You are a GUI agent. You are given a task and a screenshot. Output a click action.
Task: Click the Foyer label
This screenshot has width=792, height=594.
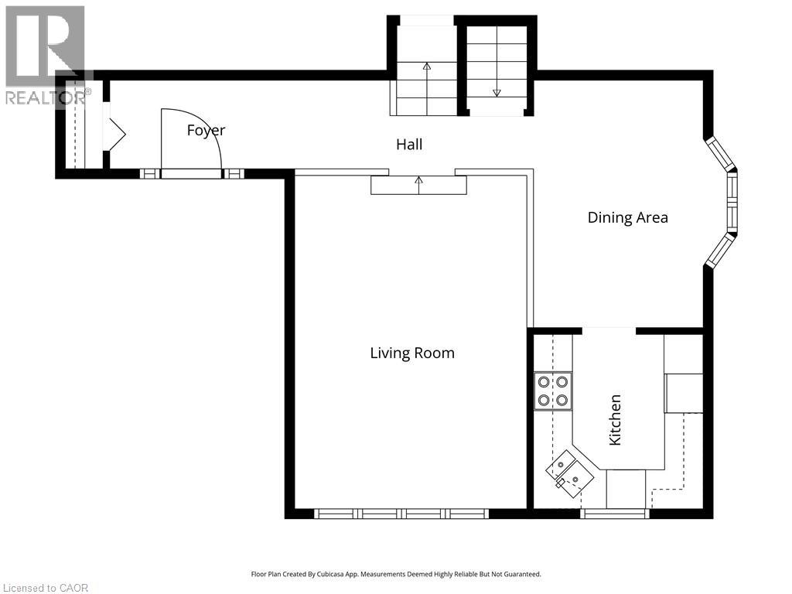(x=206, y=131)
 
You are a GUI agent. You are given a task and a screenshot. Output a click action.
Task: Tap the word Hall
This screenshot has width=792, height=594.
(x=409, y=145)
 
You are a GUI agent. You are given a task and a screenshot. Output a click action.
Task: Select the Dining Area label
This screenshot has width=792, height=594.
(x=628, y=217)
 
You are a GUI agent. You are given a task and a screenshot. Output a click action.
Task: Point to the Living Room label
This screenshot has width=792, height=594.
(x=412, y=353)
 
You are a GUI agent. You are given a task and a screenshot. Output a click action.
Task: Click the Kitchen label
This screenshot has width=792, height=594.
(x=615, y=420)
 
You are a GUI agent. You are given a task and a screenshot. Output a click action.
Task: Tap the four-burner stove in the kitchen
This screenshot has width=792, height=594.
(x=553, y=391)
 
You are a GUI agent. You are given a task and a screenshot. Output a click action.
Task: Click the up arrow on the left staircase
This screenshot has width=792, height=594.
(x=427, y=89)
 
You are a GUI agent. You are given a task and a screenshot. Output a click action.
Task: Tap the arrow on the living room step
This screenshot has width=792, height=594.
(x=418, y=186)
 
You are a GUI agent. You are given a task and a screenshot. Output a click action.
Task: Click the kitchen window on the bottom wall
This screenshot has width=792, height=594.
(x=614, y=514)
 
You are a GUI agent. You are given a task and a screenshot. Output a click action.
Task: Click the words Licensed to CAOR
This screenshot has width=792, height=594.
(x=45, y=588)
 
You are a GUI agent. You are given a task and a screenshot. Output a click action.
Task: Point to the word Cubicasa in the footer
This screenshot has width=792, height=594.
(x=333, y=575)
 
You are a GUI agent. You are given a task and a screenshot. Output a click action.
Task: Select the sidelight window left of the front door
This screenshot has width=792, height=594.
(x=149, y=174)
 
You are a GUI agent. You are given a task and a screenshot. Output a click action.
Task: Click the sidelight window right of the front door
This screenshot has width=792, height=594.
(x=234, y=174)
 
